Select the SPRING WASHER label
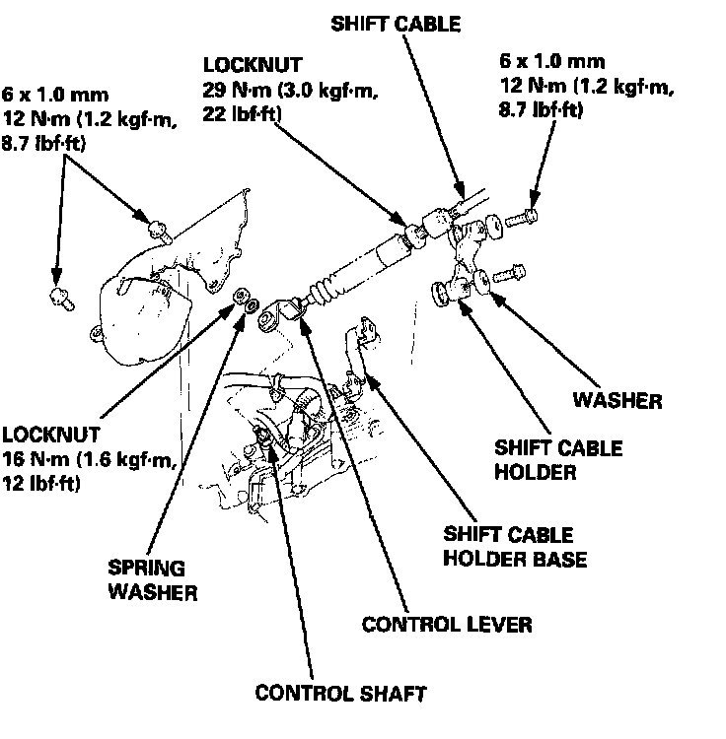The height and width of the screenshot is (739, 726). click(154, 581)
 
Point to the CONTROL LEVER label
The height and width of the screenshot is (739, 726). click(447, 624)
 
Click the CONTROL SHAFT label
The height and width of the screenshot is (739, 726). click(340, 693)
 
